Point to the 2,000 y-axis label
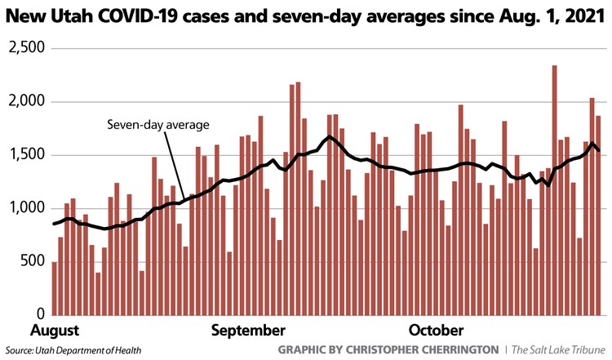24,102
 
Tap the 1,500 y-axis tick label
24,155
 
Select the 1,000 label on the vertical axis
24,208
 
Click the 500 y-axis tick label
31,261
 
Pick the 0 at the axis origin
39,314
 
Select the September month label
248,331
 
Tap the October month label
435,331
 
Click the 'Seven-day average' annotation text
159,125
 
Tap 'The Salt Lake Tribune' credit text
560,350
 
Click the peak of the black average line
329,136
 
